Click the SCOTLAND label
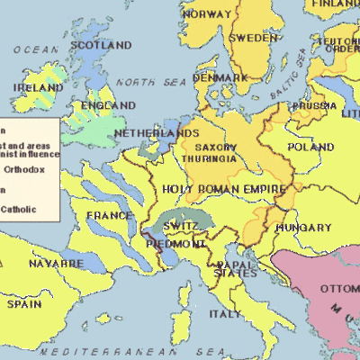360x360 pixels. click(101, 45)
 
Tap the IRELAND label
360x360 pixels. click(37, 88)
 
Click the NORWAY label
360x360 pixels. click(206, 14)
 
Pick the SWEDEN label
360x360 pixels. click(252, 39)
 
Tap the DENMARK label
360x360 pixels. click(219, 78)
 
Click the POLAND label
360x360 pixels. click(310, 147)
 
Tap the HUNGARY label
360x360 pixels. click(298, 228)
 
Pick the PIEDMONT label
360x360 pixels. click(176, 244)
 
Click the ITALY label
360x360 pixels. click(225, 314)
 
